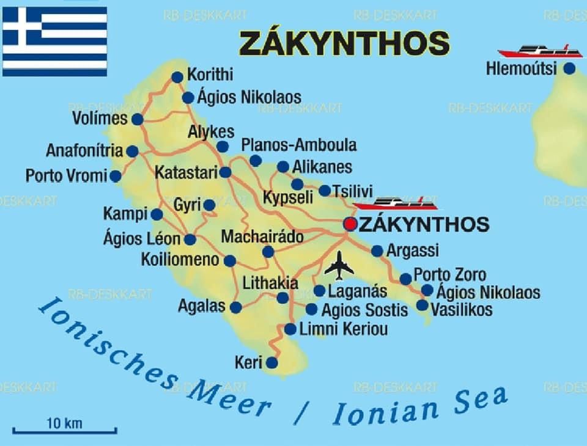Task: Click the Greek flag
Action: [x=54, y=41]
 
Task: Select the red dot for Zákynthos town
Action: [x=350, y=224]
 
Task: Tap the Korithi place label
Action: [x=210, y=75]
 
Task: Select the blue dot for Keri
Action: [x=271, y=363]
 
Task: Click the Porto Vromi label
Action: [x=65, y=176]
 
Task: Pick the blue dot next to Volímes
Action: [x=137, y=119]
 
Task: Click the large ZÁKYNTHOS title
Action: [x=344, y=43]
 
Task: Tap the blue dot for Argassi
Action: [x=377, y=250]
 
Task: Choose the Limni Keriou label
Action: [x=343, y=329]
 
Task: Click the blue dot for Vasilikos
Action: [x=422, y=304]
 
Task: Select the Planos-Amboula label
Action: [x=298, y=145]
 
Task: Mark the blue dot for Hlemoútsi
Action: [x=569, y=68]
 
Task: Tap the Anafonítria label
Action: [x=84, y=150]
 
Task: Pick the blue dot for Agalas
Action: [x=235, y=307]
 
